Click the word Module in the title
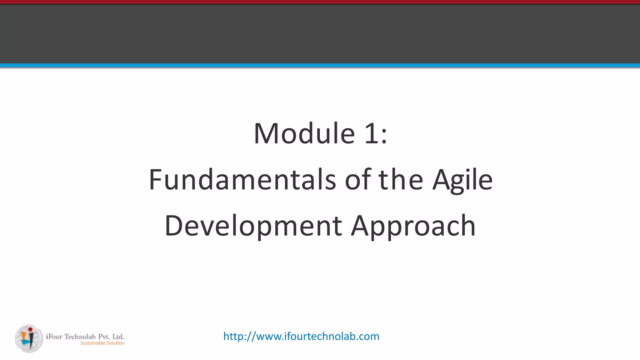pos(304,134)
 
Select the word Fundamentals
pos(242,180)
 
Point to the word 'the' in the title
pos(401,180)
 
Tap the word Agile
pos(462,180)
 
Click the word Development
pos(253,226)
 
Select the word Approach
pos(413,226)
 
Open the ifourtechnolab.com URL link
pos(301,336)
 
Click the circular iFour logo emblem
pos(29,339)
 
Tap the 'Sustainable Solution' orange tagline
pos(102,343)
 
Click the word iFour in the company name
pos(54,337)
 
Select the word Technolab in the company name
pos(80,337)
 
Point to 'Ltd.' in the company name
pos(118,337)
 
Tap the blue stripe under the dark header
pos(320,65)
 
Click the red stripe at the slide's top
pos(320,2)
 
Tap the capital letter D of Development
pos(173,226)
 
